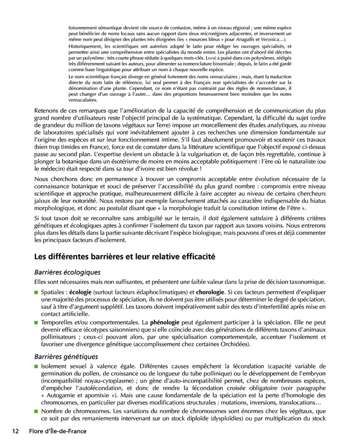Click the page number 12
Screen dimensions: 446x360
[15, 431]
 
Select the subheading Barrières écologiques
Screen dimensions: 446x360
[67, 272]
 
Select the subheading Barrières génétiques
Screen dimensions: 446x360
[66, 356]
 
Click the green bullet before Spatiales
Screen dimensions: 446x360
[37, 293]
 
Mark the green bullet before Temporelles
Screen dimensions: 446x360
[37, 323]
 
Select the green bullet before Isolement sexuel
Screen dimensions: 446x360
[37, 367]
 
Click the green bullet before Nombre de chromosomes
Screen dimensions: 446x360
[37, 411]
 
